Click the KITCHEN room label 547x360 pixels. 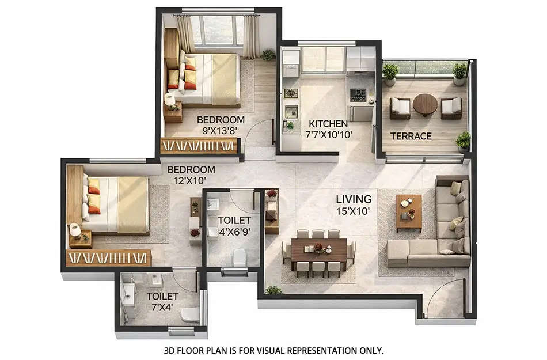[x=328, y=123]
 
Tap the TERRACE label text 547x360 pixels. [x=411, y=136]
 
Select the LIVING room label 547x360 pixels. [x=354, y=199]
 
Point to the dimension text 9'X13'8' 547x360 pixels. [x=221, y=131]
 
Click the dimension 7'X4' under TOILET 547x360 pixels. [x=162, y=307]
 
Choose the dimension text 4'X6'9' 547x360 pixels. [x=234, y=232]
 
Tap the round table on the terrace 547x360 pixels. [x=425, y=104]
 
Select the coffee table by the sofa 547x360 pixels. [x=409, y=210]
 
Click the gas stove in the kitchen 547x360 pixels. [x=358, y=95]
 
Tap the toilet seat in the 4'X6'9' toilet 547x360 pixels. [x=240, y=257]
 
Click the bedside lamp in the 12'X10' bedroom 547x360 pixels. [x=75, y=230]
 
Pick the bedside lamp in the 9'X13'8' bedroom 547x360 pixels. [x=170, y=100]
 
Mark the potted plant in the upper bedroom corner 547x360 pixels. [x=268, y=55]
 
